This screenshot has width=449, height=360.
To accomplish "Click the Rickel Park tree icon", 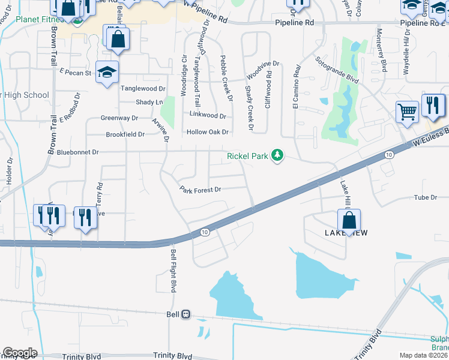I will (x=277, y=156).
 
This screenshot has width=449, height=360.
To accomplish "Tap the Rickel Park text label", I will (x=247, y=157).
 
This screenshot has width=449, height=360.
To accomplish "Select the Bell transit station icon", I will (x=186, y=314).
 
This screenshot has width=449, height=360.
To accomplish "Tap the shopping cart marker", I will (x=407, y=112).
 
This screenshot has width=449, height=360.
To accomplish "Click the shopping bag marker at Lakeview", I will (x=348, y=220).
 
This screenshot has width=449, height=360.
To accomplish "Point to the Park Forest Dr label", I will (x=200, y=190).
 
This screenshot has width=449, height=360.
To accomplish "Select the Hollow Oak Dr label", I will (x=208, y=132).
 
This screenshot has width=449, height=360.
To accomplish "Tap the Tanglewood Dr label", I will (x=143, y=88).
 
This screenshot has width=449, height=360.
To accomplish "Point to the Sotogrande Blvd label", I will (x=337, y=70).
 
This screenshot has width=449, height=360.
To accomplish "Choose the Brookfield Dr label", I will (x=125, y=135).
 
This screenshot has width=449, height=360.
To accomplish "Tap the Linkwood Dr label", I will (x=207, y=115).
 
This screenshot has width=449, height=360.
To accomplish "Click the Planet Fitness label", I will (x=36, y=19).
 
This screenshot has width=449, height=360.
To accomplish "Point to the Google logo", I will (x=20, y=353).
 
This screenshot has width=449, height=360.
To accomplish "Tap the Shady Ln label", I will (x=149, y=103).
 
